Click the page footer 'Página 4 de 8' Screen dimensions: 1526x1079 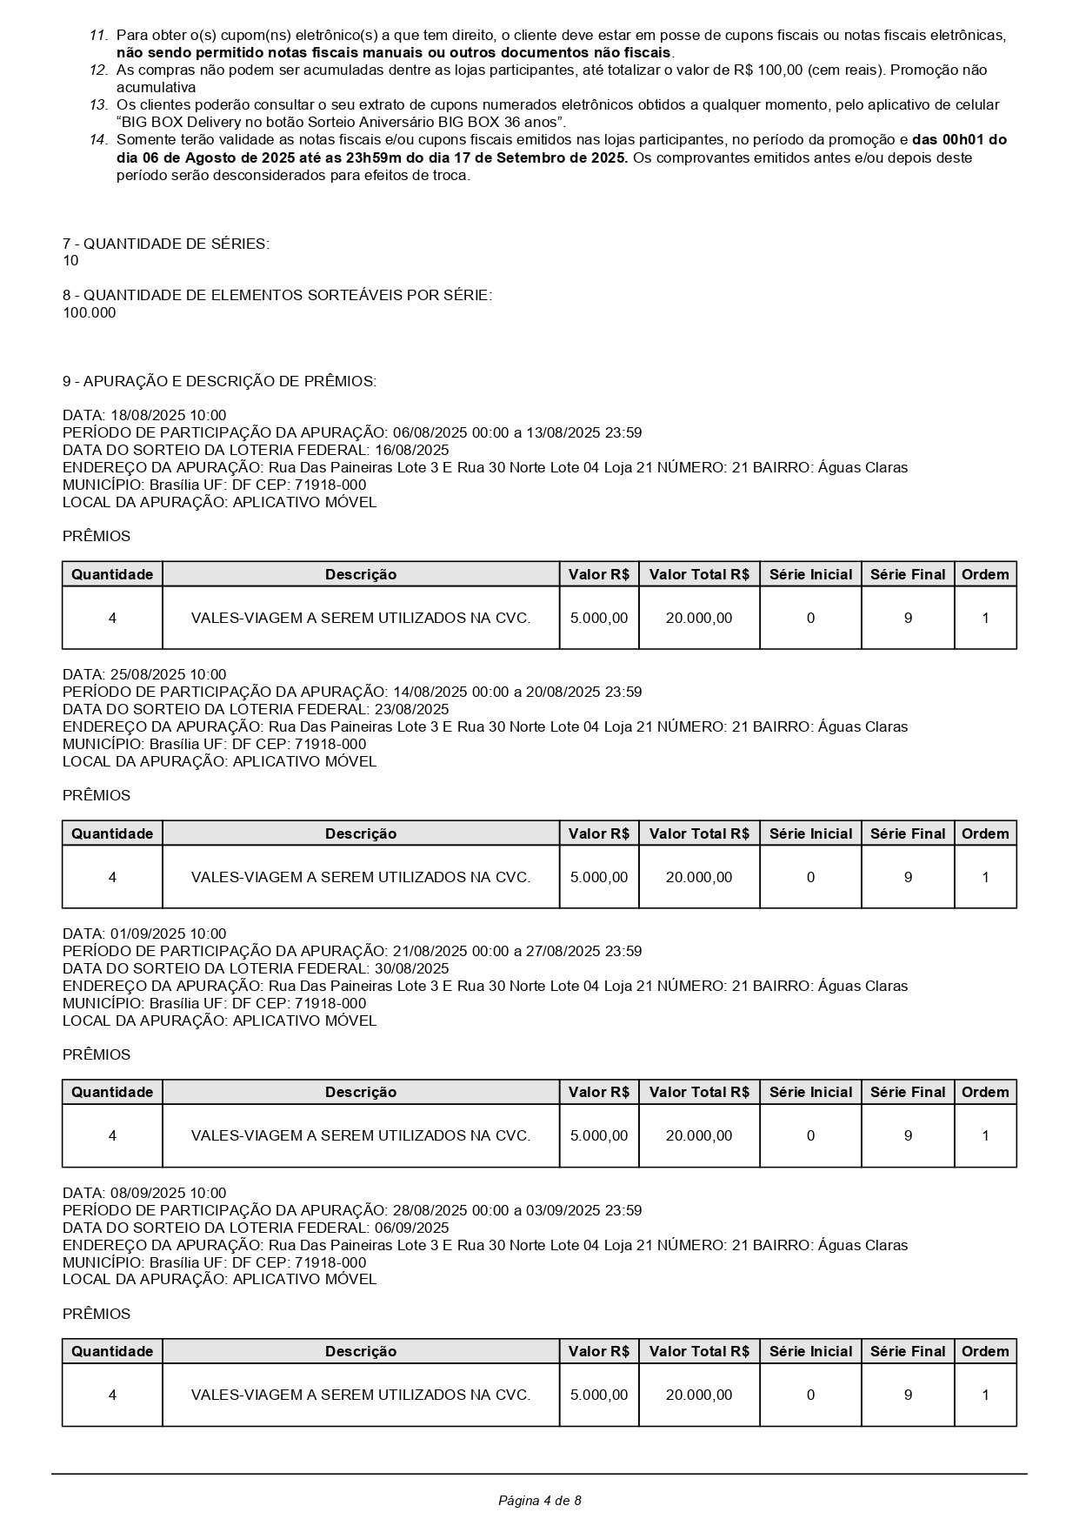point(539,1500)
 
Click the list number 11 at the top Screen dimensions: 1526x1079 point(98,36)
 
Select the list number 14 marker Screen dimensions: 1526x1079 point(98,140)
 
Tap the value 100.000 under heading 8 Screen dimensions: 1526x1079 point(89,313)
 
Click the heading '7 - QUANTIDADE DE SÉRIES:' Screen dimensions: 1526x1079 point(166,244)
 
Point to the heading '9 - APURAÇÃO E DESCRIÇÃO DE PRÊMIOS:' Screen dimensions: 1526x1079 point(219,381)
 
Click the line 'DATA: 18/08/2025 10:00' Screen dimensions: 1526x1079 point(144,416)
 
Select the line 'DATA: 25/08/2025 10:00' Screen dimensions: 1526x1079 point(144,675)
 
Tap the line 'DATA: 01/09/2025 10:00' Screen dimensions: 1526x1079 point(144,934)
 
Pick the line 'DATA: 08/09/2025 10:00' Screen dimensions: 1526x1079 point(144,1194)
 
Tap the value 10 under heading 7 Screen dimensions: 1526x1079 point(70,261)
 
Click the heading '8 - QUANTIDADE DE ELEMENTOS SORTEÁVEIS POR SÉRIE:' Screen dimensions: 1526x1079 point(277,296)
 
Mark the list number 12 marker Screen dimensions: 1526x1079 point(98,70)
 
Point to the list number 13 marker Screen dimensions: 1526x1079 point(98,105)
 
